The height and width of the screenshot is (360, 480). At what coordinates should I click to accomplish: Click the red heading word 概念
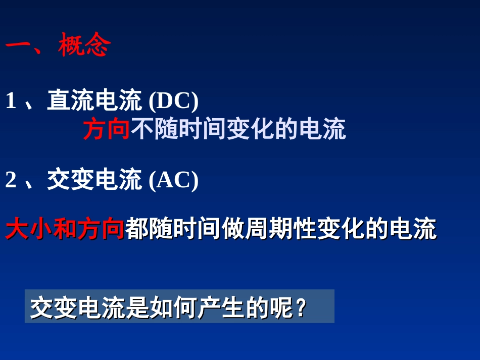click(x=84, y=46)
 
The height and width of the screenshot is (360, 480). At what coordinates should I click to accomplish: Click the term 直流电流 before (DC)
click(x=94, y=100)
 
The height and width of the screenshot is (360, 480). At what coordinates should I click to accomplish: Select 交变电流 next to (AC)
click(x=94, y=180)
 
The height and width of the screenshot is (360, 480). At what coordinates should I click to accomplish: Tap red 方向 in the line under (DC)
click(x=107, y=129)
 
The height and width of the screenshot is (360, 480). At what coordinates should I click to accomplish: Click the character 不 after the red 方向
click(x=143, y=129)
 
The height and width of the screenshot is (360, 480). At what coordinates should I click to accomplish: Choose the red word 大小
click(x=29, y=230)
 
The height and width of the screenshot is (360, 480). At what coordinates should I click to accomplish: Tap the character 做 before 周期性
click(x=232, y=230)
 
